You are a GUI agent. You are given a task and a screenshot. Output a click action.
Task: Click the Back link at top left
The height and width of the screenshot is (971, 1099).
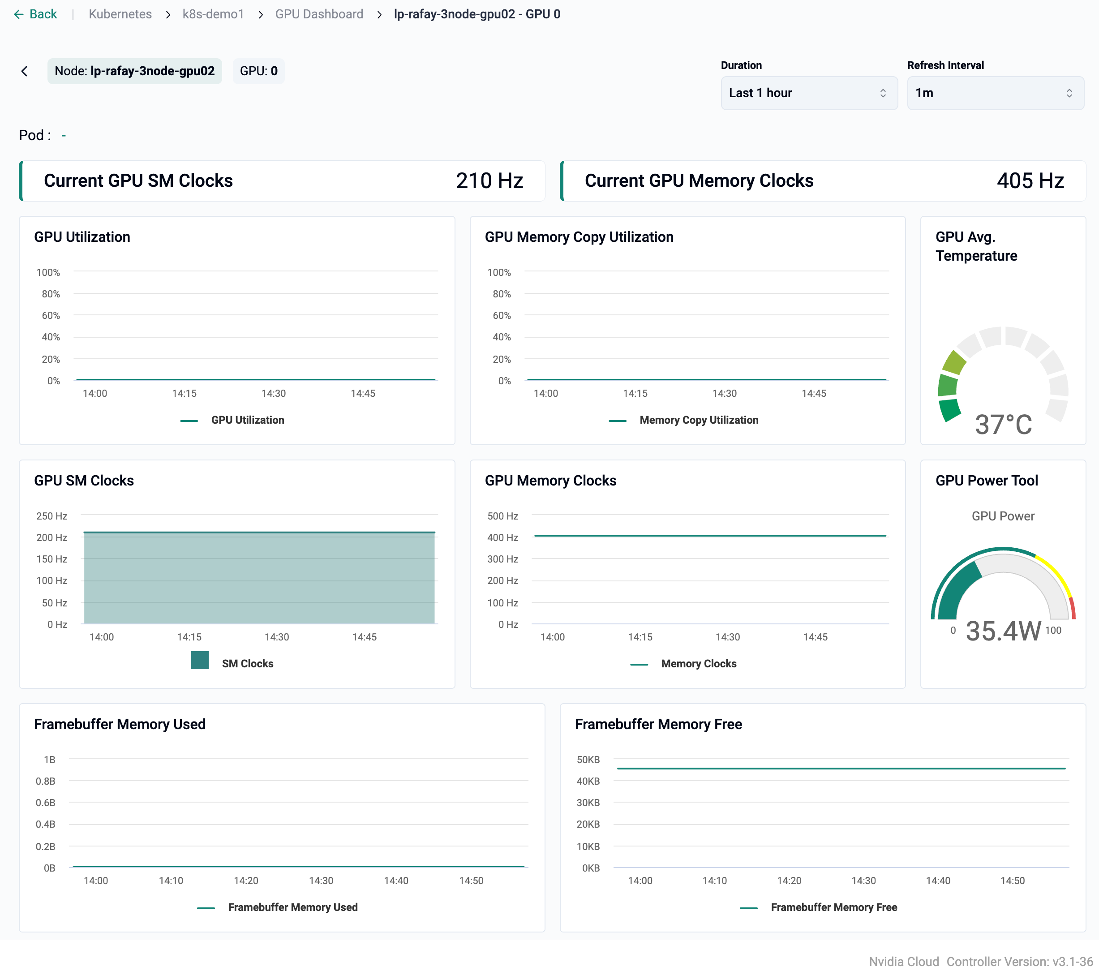coord(35,14)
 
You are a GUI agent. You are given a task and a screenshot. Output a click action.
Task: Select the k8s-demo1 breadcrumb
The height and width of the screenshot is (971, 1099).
coord(213,14)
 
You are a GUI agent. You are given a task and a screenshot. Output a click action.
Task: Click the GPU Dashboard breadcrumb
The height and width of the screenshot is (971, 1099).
coord(319,14)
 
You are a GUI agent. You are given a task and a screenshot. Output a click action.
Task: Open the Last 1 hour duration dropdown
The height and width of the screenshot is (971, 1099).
coord(809,93)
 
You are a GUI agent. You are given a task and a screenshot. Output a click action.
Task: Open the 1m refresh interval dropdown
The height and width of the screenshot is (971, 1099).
coord(995,93)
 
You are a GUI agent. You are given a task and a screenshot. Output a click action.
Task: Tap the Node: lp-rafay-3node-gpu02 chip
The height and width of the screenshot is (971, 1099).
coord(134,71)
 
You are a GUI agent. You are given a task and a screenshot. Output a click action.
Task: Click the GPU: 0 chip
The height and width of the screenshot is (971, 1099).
coord(258,71)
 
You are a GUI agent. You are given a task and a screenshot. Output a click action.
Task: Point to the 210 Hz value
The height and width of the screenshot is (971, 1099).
coord(489,180)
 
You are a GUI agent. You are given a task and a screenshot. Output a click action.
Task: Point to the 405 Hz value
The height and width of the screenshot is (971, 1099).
coord(1030,180)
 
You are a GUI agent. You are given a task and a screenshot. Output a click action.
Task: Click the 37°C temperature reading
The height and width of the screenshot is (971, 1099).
coord(1003,424)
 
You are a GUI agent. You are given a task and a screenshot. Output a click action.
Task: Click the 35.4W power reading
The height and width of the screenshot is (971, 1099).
coord(1003,631)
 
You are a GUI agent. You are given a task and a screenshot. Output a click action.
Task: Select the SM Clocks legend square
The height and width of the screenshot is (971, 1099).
coord(199,660)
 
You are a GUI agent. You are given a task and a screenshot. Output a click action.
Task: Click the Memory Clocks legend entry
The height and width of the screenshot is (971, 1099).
coord(698,663)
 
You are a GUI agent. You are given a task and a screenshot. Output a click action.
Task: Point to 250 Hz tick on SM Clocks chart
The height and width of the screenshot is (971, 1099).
coord(52,516)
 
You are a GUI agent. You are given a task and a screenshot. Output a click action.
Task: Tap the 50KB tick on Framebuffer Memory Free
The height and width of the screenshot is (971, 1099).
coord(588,759)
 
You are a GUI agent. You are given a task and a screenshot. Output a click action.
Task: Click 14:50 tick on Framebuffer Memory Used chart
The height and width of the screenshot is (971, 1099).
coord(471,881)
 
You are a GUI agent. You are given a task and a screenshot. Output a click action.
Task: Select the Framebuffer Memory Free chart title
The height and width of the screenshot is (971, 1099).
coord(658,724)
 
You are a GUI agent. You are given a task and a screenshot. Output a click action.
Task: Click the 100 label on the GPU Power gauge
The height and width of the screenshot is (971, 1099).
coord(1053,630)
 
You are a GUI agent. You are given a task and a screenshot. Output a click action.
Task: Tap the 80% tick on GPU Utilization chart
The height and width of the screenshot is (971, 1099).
coord(51,293)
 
